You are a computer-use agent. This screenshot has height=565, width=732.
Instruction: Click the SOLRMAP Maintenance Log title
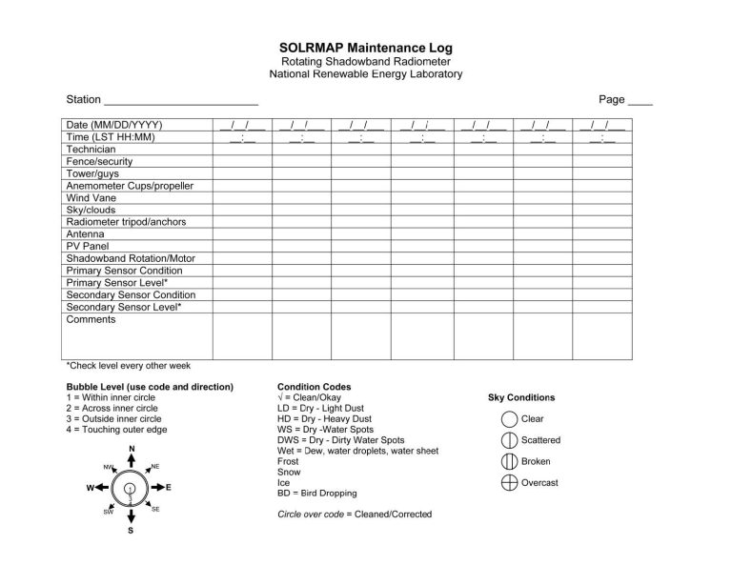coord(366,48)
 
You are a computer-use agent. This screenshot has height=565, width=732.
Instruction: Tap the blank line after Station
coord(180,101)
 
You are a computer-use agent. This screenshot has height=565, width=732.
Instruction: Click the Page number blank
coord(640,101)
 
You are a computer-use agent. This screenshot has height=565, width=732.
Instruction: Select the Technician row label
coord(91,150)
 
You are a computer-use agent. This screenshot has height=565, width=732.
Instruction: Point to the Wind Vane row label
coord(91,198)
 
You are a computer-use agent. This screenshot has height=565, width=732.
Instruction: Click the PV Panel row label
coord(88,246)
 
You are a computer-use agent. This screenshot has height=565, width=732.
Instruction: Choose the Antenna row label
coord(85,233)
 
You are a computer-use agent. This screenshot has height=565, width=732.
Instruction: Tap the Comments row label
coord(91,319)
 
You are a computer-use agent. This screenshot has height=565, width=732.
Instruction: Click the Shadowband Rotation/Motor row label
coord(130,258)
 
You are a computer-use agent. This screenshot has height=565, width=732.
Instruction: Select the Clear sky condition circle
coord(509,419)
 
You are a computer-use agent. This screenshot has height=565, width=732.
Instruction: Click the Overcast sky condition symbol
coord(509,483)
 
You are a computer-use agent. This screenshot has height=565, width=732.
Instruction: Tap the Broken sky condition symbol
coord(509,462)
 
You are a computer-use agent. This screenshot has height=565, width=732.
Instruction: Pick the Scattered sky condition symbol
coord(509,440)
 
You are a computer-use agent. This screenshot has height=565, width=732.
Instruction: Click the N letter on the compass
coord(131,449)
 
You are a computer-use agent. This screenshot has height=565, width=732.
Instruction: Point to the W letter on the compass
coord(90,488)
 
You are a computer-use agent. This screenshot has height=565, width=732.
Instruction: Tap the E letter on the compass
coord(169,488)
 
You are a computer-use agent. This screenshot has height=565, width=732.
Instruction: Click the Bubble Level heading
coord(150,387)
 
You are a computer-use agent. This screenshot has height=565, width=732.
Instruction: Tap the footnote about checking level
coord(128,365)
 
